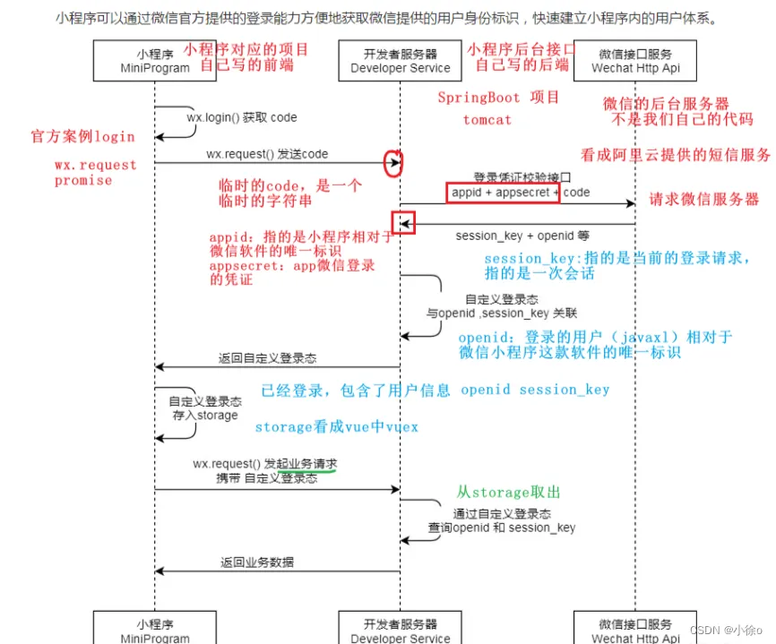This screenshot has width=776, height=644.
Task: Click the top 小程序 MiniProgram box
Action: pyautogui.click(x=153, y=60)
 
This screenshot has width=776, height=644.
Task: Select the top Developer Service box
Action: pyautogui.click(x=400, y=60)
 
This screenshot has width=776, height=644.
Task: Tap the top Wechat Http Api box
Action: pyautogui.click(x=634, y=60)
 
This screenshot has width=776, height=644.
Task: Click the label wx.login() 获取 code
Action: pyautogui.click(x=241, y=117)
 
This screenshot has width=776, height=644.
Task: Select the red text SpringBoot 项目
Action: pyautogui.click(x=498, y=98)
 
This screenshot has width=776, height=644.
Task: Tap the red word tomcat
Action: pyautogui.click(x=487, y=119)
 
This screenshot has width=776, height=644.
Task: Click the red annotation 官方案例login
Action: pyautogui.click(x=82, y=137)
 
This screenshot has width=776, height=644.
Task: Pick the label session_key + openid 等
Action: pyautogui.click(x=522, y=236)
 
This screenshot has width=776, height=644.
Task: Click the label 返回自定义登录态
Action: pyautogui.click(x=267, y=358)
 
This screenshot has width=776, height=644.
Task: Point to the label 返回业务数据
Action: pyautogui.click(x=256, y=562)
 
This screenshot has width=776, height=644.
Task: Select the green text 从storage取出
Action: pyautogui.click(x=508, y=492)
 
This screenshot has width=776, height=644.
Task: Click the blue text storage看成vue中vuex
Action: pyautogui.click(x=336, y=427)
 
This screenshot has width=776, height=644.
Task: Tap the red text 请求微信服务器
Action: pyautogui.click(x=704, y=200)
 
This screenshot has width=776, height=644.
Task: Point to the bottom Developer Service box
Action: pyautogui.click(x=400, y=629)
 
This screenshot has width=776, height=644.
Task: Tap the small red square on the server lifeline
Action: pyautogui.click(x=403, y=222)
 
